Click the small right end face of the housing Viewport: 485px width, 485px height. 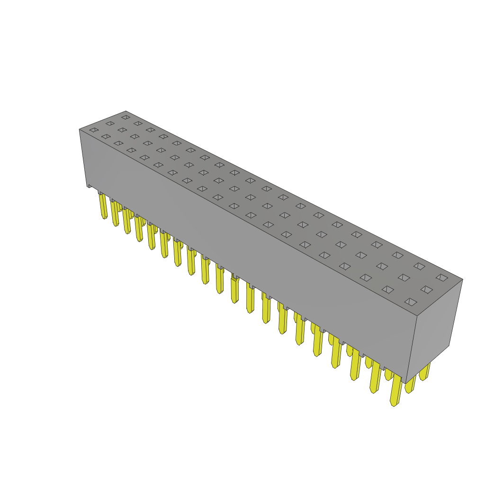point(433,327)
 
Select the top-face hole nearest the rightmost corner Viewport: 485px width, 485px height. point(442,278)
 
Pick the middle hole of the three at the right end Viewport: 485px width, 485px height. point(426,289)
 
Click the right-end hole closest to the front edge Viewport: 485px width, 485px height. point(411,302)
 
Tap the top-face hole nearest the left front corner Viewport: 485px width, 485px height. point(94,130)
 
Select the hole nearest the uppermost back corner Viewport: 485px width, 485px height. point(126,117)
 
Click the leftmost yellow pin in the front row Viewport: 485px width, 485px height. point(103,206)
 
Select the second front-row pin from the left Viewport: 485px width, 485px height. point(115,213)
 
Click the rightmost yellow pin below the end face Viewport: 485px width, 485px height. point(424,372)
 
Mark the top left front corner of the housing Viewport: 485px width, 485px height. point(80,129)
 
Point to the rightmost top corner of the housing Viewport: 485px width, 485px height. point(462,279)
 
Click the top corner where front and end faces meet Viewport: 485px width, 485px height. point(417,316)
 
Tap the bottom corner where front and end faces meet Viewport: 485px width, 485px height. point(406,383)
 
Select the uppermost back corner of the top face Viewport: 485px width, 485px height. point(126,111)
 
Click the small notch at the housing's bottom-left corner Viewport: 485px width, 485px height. point(89,186)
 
